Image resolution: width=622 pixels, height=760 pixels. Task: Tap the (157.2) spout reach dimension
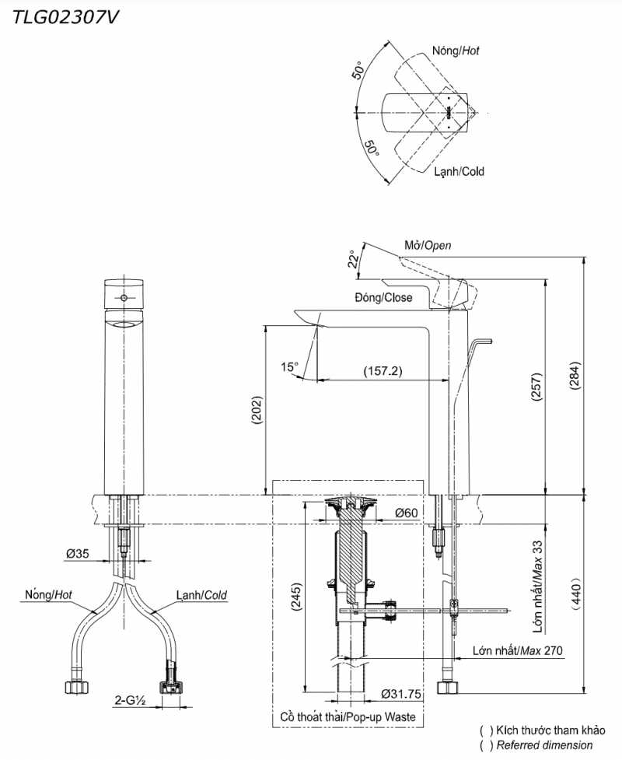point(383,371)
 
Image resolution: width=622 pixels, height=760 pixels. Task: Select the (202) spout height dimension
point(257,410)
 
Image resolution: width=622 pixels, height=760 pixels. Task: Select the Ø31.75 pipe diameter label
point(402,694)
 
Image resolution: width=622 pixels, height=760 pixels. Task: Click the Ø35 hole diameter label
point(77,555)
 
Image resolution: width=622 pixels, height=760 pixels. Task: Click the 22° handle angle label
point(354,260)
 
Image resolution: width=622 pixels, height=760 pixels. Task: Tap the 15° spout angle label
point(289,366)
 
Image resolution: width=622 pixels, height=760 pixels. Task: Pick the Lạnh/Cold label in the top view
point(460,171)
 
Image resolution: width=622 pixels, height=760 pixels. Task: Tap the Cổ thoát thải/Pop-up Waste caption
point(348,716)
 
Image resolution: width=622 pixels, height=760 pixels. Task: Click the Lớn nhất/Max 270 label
point(517,650)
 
